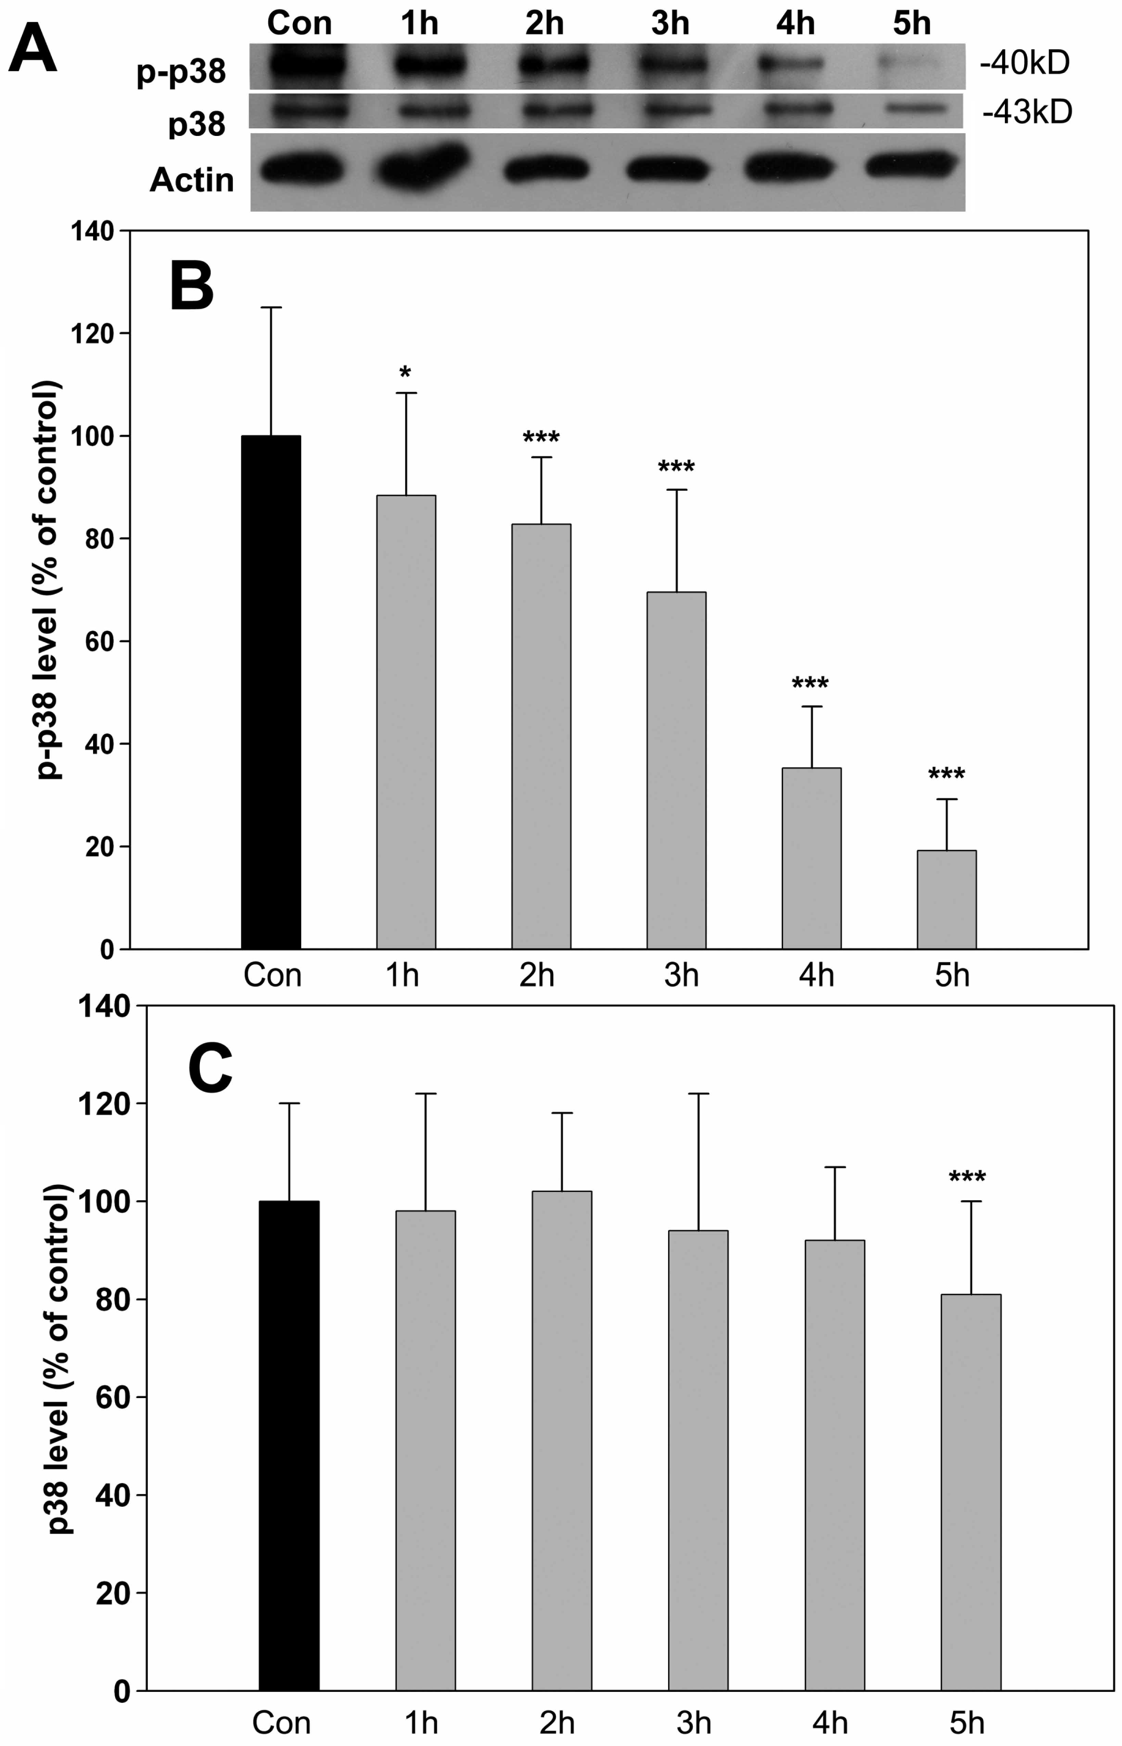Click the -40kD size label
(1024, 64)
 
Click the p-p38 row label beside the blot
(181, 72)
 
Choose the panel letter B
(192, 286)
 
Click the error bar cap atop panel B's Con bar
(271, 307)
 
